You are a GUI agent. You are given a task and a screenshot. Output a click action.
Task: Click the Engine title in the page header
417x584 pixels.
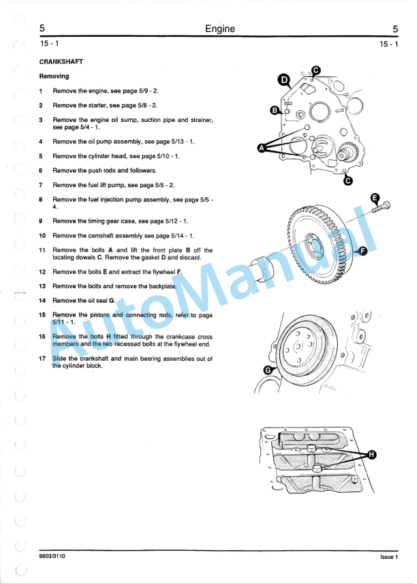219,29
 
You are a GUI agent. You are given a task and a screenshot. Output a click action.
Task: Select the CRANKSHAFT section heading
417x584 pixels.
61,62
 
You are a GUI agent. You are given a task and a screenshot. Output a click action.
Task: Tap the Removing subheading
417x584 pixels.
54,76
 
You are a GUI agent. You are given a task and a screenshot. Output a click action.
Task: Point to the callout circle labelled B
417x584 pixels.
275,110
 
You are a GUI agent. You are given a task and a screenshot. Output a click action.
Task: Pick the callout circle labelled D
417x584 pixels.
284,80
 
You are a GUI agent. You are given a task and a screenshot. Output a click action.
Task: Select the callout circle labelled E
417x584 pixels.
374,197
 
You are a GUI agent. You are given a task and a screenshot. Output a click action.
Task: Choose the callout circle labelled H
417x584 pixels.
372,455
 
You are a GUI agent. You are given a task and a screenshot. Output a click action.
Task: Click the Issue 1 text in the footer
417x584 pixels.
388,557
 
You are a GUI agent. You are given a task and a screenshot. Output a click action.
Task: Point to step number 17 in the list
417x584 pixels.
42,358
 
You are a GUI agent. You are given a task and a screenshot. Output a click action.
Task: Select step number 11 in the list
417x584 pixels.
42,250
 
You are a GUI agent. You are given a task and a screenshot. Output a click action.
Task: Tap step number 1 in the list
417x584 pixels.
41,91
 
